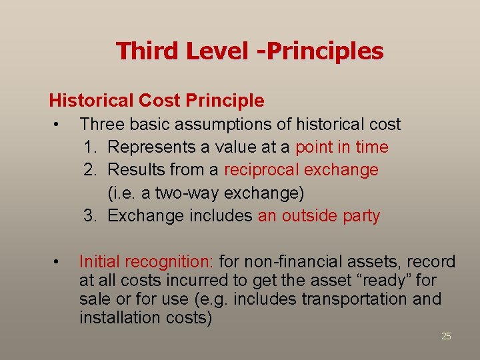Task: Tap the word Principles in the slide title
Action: point(327,51)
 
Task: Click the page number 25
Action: point(446,336)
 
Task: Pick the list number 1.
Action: point(90,147)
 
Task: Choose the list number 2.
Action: point(90,170)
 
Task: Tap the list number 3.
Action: point(90,216)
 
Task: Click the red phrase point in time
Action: point(341,147)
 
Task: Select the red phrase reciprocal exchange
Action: point(301,170)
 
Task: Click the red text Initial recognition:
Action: point(143,262)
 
